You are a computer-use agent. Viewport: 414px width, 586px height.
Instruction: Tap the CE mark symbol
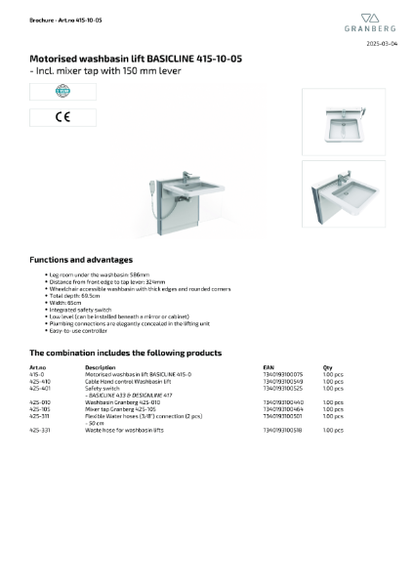49,117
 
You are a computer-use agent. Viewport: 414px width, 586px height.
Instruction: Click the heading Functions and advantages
81,260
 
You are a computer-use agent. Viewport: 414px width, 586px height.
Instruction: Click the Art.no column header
38,367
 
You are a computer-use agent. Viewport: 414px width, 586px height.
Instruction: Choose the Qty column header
327,367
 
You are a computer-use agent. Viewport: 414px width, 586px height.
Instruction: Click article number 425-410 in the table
40,381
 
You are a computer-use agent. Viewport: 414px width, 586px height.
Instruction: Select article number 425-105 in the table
40,408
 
